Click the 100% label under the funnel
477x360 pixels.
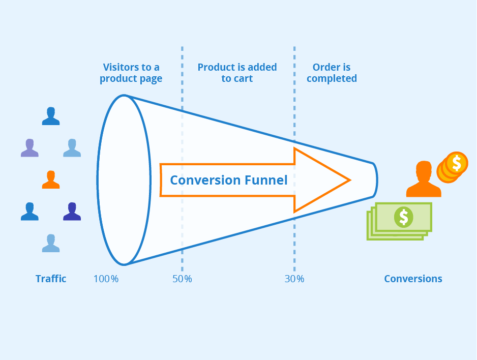106,279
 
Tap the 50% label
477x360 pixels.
182,279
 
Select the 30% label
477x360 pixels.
294,279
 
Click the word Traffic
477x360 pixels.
51,279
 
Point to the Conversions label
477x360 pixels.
413,279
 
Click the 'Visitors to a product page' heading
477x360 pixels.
131,73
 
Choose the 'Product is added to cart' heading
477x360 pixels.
237,73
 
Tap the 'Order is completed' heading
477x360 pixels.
332,73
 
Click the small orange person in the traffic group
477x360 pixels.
50,179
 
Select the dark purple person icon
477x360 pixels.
72,211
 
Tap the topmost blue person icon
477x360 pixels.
50,116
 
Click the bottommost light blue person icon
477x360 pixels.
50,243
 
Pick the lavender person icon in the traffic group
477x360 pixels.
29,147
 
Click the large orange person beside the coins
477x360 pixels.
423,179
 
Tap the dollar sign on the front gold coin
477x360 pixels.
457,163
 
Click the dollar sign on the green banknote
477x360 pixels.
403,217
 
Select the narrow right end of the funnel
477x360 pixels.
375,179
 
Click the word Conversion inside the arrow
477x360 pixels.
205,180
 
